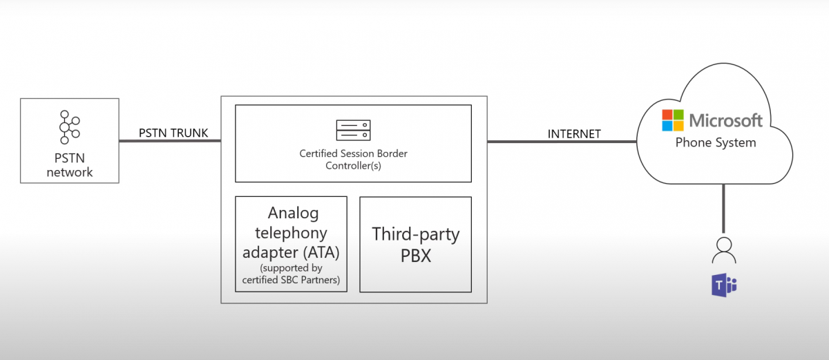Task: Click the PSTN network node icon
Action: [68, 128]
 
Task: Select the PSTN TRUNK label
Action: [173, 133]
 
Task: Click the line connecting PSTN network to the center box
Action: [169, 142]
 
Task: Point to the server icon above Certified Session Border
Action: [353, 129]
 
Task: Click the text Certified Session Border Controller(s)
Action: [353, 160]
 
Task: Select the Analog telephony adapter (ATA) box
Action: [291, 244]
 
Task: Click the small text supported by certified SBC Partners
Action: [291, 274]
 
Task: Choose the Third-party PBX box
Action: [415, 244]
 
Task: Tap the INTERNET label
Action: [574, 134]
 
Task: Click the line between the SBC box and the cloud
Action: [561, 142]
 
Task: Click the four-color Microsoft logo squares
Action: [672, 120]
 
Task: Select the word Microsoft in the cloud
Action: [725, 121]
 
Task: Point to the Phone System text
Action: [716, 143]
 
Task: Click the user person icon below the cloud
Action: [723, 249]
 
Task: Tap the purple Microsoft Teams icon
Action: [724, 284]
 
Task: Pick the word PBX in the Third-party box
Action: [415, 256]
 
